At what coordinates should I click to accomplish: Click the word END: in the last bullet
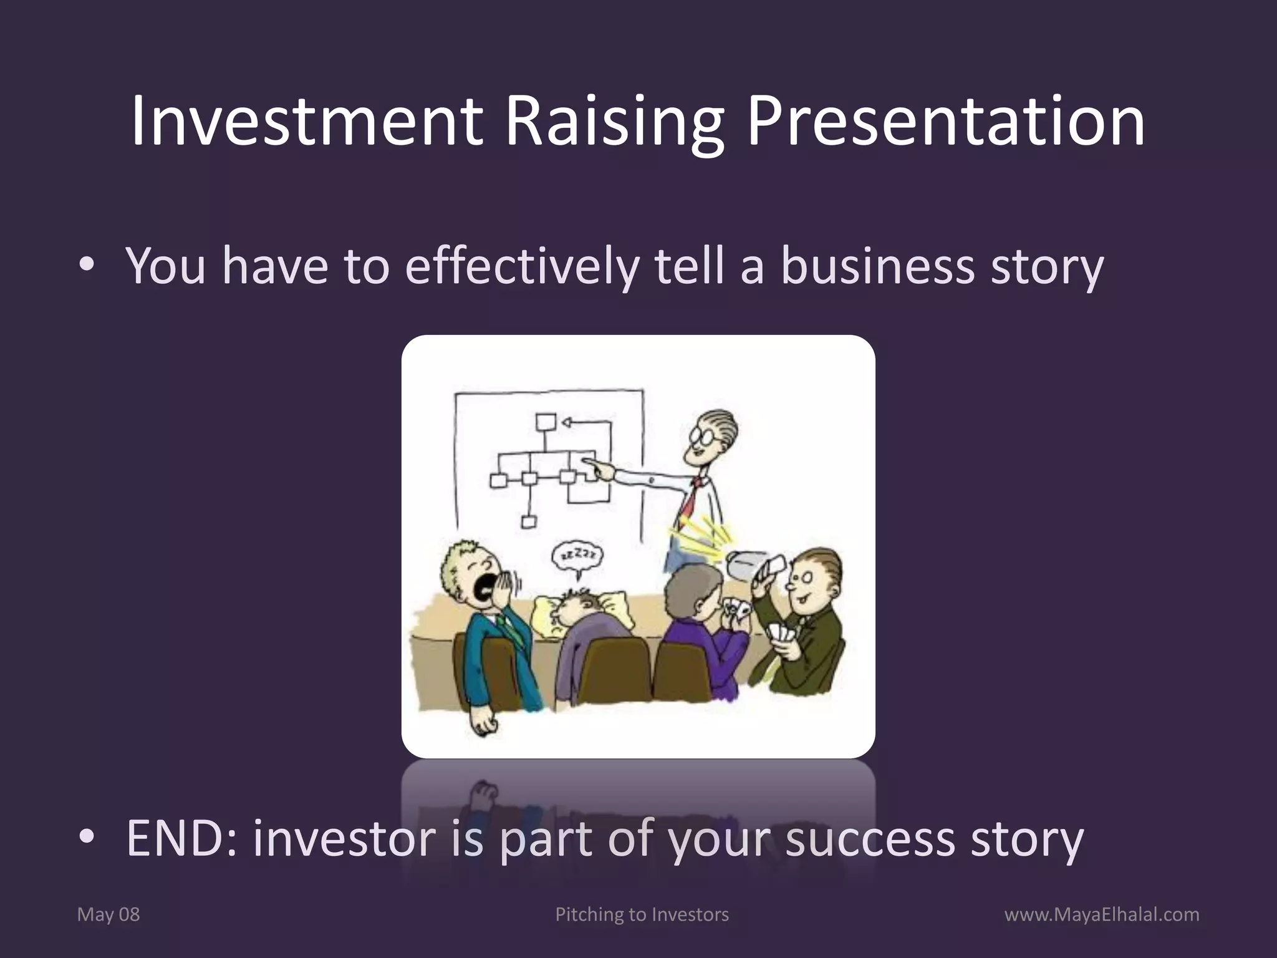pyautogui.click(x=181, y=839)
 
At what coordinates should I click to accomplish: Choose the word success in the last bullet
pyautogui.click(x=870, y=839)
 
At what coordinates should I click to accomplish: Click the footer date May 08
pyautogui.click(x=108, y=914)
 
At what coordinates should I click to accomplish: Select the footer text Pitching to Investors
pyautogui.click(x=642, y=914)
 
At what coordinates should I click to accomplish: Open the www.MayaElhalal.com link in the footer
pyautogui.click(x=1102, y=914)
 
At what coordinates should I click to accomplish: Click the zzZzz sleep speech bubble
pyautogui.click(x=577, y=554)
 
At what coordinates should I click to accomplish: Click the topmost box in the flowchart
pyautogui.click(x=546, y=422)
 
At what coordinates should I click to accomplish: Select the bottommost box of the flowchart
pyautogui.click(x=529, y=521)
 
